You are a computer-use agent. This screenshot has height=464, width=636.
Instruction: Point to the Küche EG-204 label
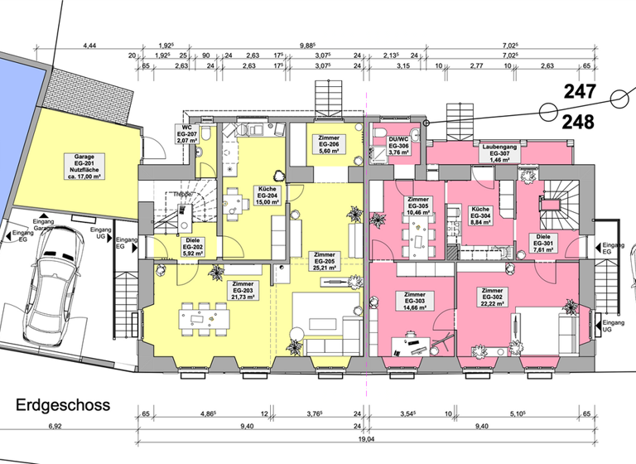click(266, 195)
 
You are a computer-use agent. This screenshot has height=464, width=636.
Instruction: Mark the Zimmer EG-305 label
click(417, 206)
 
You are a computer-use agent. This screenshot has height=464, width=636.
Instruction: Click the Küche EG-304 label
click(481, 215)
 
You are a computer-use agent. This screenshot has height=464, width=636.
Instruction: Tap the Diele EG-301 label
click(543, 243)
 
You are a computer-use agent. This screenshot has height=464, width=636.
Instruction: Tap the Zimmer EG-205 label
click(325, 261)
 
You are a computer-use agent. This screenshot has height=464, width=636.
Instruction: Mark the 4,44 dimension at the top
click(90, 46)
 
